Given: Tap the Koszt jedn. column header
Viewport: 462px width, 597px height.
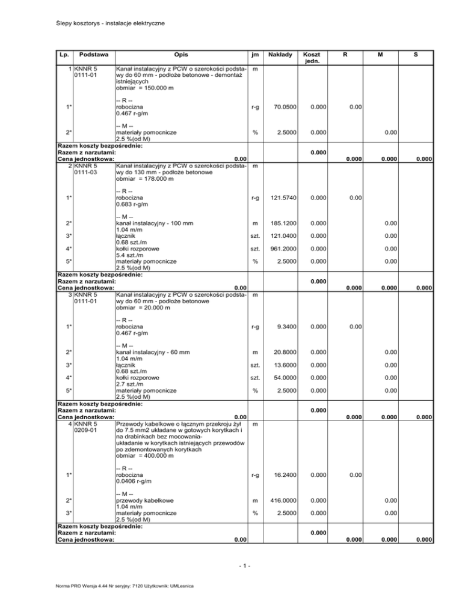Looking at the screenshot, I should click(x=311, y=58).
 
